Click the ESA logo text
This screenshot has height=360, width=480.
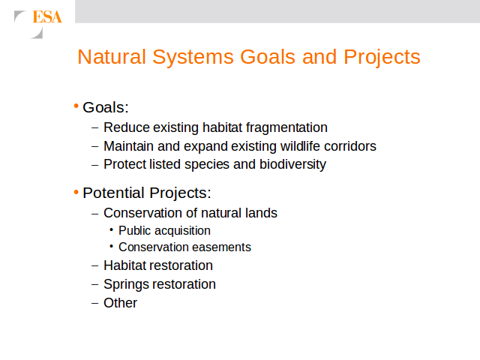click(x=47, y=16)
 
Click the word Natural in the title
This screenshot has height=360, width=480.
click(x=112, y=57)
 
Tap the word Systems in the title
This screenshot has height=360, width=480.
click(x=193, y=58)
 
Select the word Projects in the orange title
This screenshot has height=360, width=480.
click(x=382, y=58)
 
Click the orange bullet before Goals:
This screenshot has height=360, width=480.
click(x=76, y=106)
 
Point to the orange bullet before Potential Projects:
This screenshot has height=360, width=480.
click(x=76, y=192)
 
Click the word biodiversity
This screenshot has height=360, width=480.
click(x=293, y=165)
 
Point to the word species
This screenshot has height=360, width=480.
click(x=207, y=165)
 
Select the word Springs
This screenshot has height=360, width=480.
click(x=125, y=285)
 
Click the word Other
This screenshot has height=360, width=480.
click(x=120, y=303)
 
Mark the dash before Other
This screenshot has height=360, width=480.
click(x=95, y=303)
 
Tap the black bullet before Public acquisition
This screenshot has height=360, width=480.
click(x=112, y=229)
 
